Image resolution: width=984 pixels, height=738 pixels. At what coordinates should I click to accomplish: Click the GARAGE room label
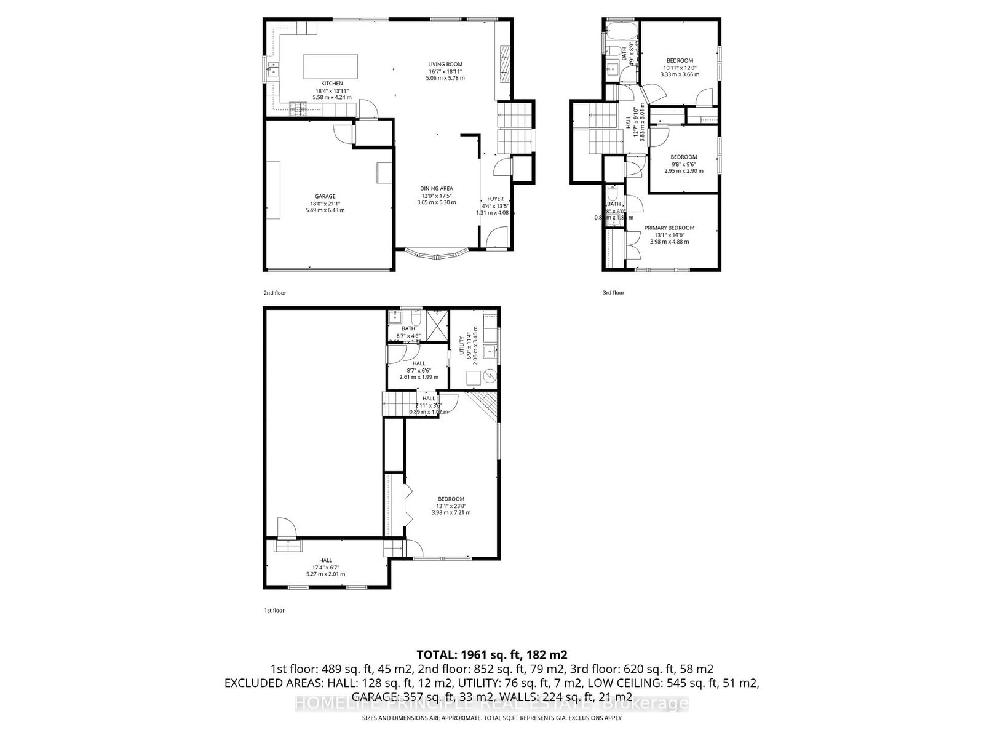coord(325,196)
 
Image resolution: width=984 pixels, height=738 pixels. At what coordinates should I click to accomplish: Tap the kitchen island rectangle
coord(331,66)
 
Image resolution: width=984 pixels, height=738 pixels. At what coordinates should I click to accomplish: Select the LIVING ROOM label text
coord(445,64)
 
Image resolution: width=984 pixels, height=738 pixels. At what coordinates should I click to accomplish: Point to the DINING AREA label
coord(437,188)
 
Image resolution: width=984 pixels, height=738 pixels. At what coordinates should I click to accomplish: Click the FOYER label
coord(495,199)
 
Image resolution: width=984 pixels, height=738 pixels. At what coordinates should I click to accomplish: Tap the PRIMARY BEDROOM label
coord(669,228)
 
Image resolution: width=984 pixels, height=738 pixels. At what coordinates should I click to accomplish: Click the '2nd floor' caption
coord(275,293)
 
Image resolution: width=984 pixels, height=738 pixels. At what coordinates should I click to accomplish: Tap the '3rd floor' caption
coord(613,293)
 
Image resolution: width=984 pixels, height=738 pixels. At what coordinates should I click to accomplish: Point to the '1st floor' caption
coord(274,611)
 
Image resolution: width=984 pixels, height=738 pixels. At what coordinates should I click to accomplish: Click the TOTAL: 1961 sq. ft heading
coord(491,654)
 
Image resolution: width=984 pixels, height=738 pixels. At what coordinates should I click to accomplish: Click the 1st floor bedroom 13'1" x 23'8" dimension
coord(451,506)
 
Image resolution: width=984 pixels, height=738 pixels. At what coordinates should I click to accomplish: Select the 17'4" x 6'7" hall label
coord(325,567)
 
